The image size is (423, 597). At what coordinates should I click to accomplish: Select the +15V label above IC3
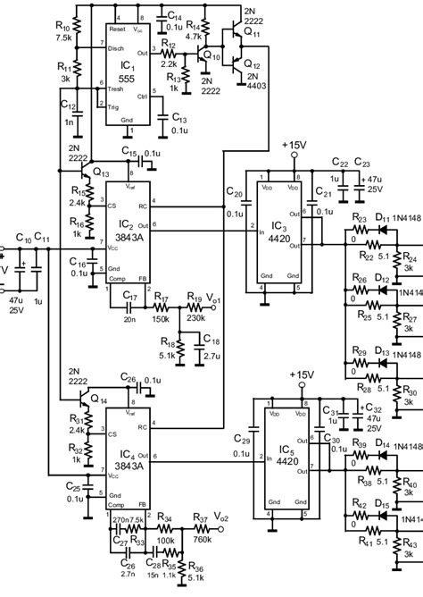click(x=294, y=142)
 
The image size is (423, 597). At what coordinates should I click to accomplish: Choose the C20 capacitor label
click(x=236, y=192)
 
